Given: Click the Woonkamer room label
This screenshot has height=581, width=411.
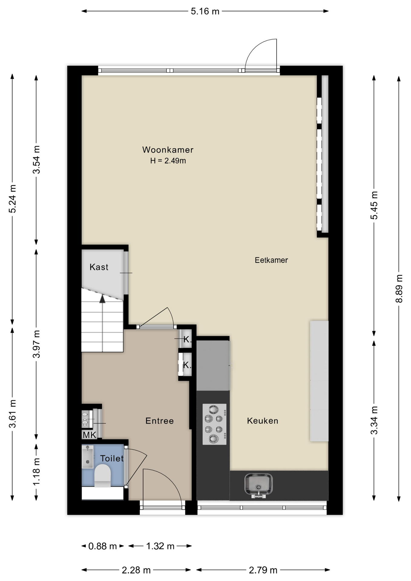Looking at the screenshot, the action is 168,149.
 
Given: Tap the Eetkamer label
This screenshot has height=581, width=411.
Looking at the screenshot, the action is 271,260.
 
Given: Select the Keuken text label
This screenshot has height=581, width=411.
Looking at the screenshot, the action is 262,421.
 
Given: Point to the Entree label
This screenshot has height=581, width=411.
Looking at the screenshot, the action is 159,421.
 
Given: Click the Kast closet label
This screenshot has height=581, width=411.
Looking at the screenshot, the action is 99,267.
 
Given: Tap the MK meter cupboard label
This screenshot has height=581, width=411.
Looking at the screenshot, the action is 89,435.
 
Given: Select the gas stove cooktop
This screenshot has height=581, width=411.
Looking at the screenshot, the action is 215,424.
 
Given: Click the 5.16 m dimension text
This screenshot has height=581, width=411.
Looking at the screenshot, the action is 205,11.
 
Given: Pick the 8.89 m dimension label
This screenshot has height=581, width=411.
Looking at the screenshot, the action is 399,288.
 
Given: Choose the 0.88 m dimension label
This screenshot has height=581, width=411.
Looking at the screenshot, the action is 103,546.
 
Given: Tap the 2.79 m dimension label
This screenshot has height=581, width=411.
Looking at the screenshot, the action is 263,570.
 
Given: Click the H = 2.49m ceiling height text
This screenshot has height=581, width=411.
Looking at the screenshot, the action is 168,161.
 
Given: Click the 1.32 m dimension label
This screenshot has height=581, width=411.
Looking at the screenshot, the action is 160,546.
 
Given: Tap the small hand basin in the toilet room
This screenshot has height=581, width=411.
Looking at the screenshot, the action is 87,456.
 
